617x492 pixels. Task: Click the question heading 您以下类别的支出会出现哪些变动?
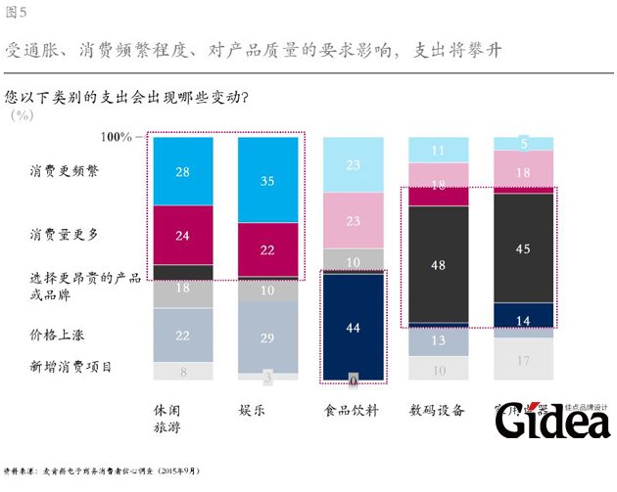(x=126, y=98)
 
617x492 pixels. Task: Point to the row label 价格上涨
(x=57, y=334)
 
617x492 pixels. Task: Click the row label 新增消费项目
(x=71, y=367)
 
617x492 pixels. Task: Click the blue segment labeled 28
(x=183, y=171)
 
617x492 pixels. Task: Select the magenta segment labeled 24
(x=183, y=235)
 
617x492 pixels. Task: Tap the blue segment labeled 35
(x=268, y=180)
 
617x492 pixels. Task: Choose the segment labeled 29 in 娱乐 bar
(x=268, y=335)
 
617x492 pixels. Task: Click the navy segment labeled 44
(x=354, y=327)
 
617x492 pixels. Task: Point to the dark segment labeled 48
(x=439, y=264)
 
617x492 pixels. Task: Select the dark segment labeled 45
(x=523, y=248)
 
